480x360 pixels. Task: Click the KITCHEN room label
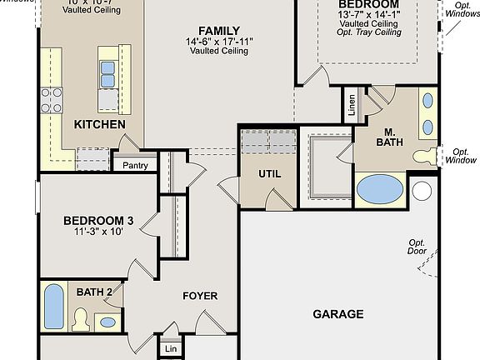pyautogui.click(x=100, y=125)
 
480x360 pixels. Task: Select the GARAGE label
pyautogui.click(x=337, y=314)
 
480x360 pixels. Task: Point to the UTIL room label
pyautogui.click(x=269, y=175)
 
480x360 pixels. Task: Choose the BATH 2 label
pyautogui.click(x=94, y=292)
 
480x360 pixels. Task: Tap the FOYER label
pyautogui.click(x=200, y=296)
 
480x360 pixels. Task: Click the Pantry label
pyautogui.click(x=135, y=165)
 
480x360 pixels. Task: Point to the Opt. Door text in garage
pyautogui.click(x=417, y=246)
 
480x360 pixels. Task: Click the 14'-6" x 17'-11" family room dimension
pyautogui.click(x=219, y=41)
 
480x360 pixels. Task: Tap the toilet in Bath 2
pyautogui.click(x=81, y=317)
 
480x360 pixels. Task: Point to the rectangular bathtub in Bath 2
pyautogui.click(x=53, y=306)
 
